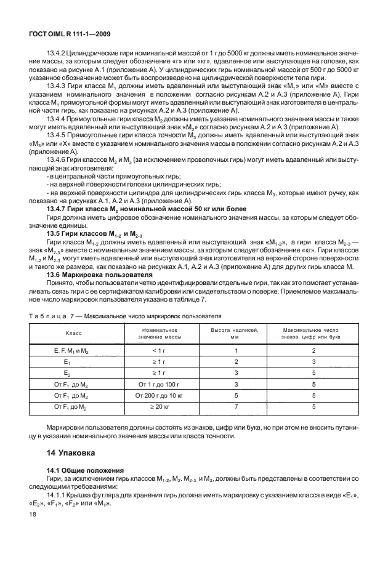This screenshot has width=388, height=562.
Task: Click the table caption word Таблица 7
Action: point(58,316)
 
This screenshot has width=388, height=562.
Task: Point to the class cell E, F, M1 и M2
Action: point(71,350)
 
